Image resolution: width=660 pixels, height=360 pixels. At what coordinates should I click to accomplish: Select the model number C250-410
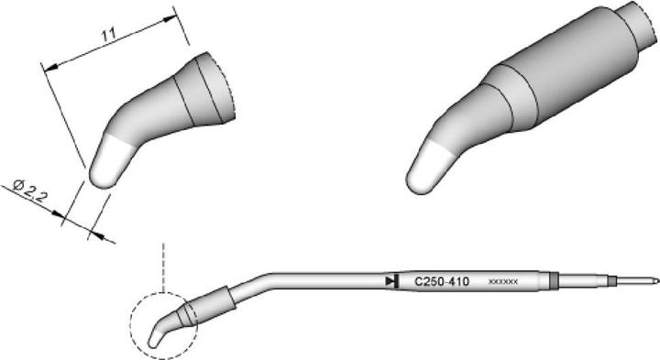(441, 282)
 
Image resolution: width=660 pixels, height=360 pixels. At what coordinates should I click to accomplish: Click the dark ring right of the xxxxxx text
(553, 280)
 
